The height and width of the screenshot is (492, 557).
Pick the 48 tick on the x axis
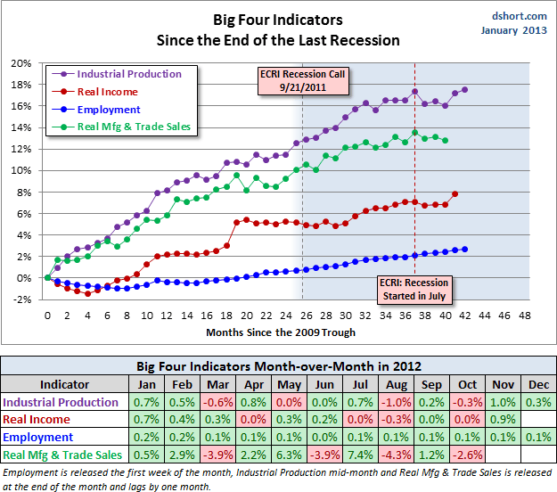pyautogui.click(x=524, y=315)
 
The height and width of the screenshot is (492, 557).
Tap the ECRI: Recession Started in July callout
pyautogui.click(x=412, y=288)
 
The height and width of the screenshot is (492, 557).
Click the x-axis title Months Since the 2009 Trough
pyautogui.click(x=281, y=332)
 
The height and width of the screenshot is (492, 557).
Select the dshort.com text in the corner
pyautogui.click(x=516, y=15)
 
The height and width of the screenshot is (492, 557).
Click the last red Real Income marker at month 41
pyautogui.click(x=455, y=193)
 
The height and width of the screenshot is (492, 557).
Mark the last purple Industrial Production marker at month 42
pyautogui.click(x=465, y=90)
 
